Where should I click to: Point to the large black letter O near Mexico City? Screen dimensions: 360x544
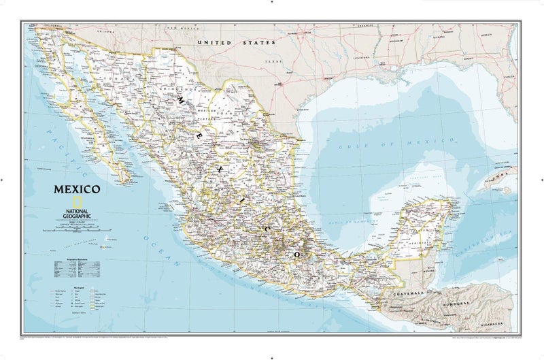coord(296,253)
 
